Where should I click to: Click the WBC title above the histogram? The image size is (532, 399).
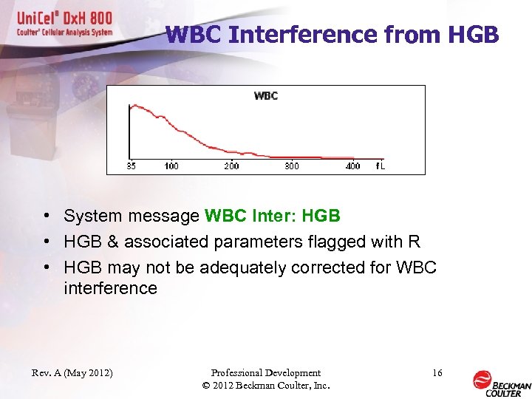point(266,95)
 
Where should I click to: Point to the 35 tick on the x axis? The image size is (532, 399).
point(131,166)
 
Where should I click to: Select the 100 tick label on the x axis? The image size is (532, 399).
point(171,166)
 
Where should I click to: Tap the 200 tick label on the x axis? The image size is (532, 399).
point(231,166)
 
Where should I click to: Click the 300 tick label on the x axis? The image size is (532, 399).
point(292,166)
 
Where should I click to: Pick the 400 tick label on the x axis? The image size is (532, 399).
point(352,166)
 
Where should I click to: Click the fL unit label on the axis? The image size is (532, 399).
point(380,166)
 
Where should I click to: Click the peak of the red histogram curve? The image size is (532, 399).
point(132,106)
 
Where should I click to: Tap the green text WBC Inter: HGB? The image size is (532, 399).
point(272,216)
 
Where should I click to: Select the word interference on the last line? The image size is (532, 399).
point(110,288)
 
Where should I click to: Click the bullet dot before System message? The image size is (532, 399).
point(46,216)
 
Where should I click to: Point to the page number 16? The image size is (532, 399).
point(437,373)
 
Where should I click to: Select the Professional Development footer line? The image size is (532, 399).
point(265,373)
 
